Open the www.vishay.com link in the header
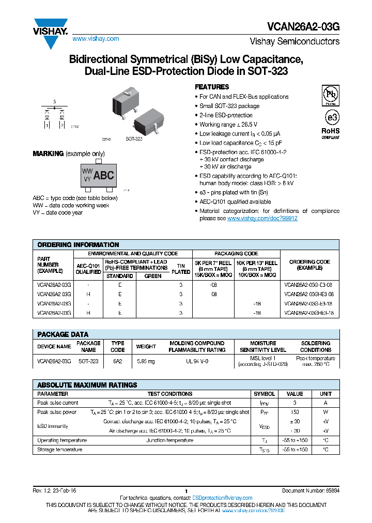click(96, 39)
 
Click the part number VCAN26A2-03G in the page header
click(304, 25)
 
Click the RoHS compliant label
click(331, 133)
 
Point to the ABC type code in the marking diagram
click(103, 175)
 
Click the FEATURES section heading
click(212, 87)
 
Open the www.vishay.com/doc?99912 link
click(262, 219)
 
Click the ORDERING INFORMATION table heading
click(78, 244)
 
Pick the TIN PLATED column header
click(181, 268)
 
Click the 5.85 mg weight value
click(146, 361)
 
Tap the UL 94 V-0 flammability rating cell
click(197, 361)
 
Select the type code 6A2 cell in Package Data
click(118, 361)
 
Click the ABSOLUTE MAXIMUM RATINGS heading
click(87, 384)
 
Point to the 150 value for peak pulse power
click(295, 412)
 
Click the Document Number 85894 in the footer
click(311, 490)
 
